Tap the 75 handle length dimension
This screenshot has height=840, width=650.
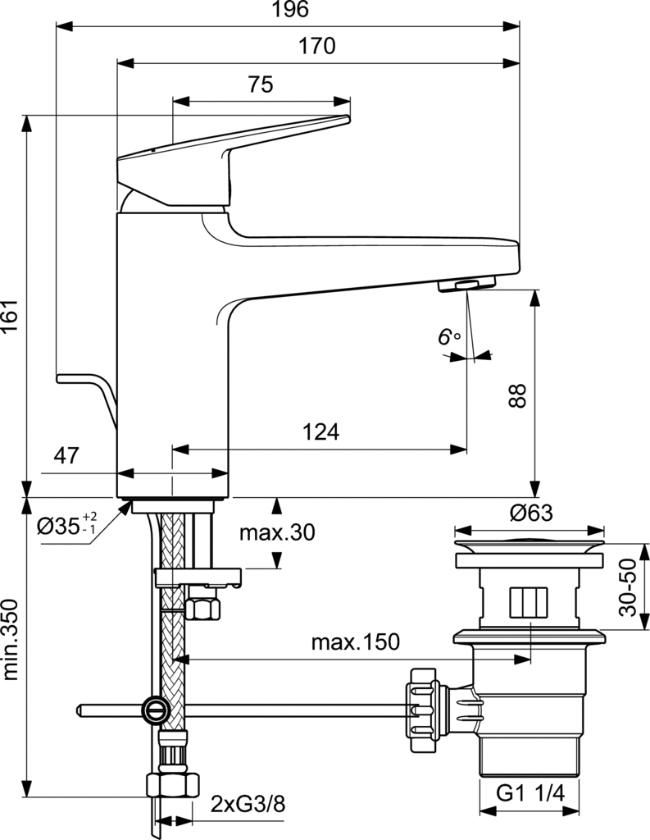point(260,84)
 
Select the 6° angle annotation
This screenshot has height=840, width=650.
point(449,337)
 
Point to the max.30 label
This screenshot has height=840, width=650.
point(277,532)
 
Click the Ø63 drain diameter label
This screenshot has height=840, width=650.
point(530,514)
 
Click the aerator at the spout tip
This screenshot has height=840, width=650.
point(465,285)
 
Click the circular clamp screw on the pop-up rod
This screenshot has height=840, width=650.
point(154,709)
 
